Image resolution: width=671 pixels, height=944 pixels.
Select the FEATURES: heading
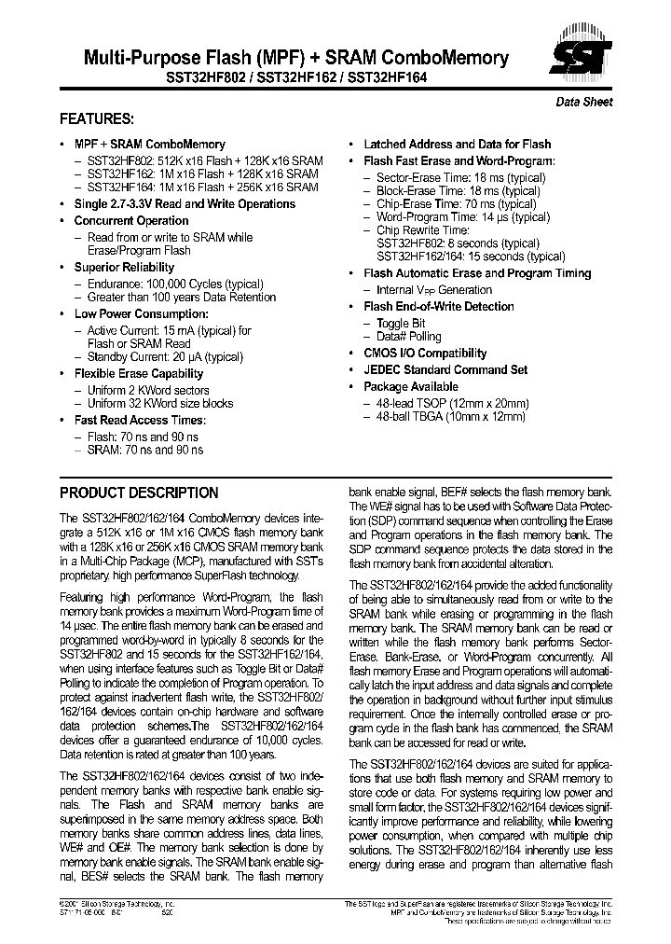click(x=97, y=119)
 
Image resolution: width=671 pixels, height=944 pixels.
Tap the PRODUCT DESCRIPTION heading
click(x=139, y=493)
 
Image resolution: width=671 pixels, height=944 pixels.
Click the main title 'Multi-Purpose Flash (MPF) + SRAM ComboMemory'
click(x=284, y=58)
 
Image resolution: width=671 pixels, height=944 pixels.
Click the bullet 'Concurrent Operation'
click(x=131, y=221)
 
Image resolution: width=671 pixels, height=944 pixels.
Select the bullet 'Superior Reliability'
click(x=124, y=268)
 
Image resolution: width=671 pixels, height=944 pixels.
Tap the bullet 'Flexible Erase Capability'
click(x=138, y=374)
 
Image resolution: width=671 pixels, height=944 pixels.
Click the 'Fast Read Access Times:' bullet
click(x=139, y=421)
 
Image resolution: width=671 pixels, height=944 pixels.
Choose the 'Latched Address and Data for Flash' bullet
click(x=457, y=145)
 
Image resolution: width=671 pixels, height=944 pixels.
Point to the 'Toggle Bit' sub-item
click(x=401, y=323)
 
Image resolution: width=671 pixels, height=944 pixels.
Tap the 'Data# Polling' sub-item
click(x=409, y=337)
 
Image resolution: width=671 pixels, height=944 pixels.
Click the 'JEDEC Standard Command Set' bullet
click(x=445, y=370)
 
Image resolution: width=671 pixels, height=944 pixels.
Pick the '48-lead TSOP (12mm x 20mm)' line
click(x=452, y=403)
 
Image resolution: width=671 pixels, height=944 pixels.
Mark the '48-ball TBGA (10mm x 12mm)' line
click(x=451, y=417)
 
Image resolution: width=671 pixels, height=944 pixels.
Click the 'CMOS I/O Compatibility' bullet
click(x=425, y=354)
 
